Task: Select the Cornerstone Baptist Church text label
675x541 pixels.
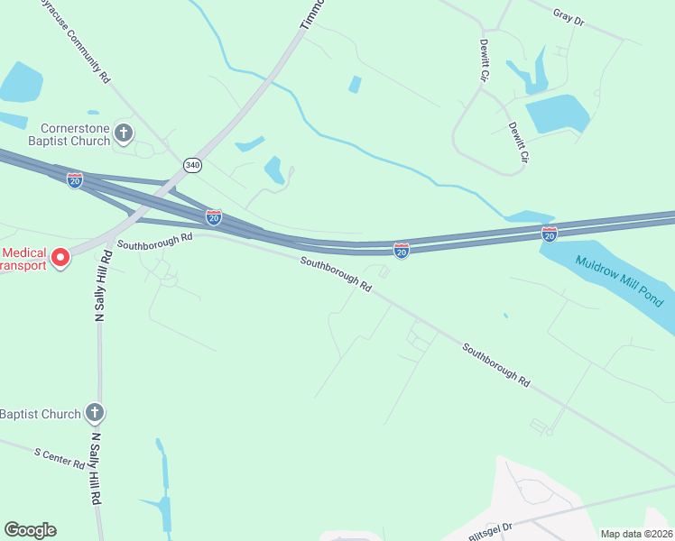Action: click(76, 134)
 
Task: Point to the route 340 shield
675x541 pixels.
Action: click(192, 165)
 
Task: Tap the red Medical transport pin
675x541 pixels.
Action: click(60, 258)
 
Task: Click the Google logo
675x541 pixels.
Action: click(30, 530)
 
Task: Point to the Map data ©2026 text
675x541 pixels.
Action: click(636, 534)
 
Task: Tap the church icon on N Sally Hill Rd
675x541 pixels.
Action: click(95, 414)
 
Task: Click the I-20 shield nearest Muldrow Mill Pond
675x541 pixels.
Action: click(550, 234)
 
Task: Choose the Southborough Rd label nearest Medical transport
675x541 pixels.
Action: click(155, 240)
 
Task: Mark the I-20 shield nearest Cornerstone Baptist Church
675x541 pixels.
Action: click(75, 180)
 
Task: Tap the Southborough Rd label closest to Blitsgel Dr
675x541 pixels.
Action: click(495, 364)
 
